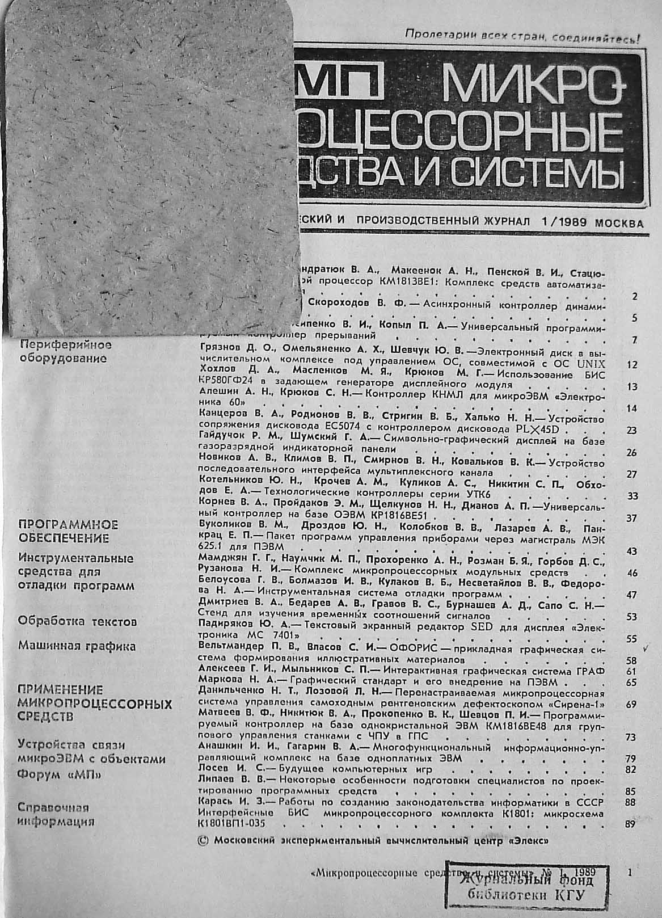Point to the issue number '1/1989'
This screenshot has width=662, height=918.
[x=562, y=222]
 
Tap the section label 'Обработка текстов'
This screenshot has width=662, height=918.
[x=78, y=621]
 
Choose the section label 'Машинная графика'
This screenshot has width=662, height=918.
[x=77, y=646]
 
